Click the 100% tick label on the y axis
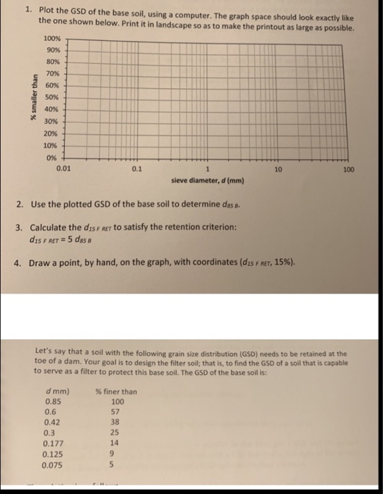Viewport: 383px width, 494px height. [x=52, y=37]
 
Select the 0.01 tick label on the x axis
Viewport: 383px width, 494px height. [x=63, y=169]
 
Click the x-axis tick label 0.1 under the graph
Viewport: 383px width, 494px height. [x=136, y=169]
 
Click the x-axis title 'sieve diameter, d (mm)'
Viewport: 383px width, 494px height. [x=207, y=181]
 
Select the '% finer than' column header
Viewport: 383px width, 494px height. [x=116, y=392]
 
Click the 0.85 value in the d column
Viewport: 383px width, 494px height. [x=52, y=402]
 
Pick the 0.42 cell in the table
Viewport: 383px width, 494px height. [x=52, y=423]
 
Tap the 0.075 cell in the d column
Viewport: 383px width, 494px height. [x=54, y=465]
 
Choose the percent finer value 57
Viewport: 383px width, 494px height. [x=117, y=412]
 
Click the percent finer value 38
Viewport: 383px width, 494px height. [x=117, y=423]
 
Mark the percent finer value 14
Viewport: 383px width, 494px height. [x=117, y=444]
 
